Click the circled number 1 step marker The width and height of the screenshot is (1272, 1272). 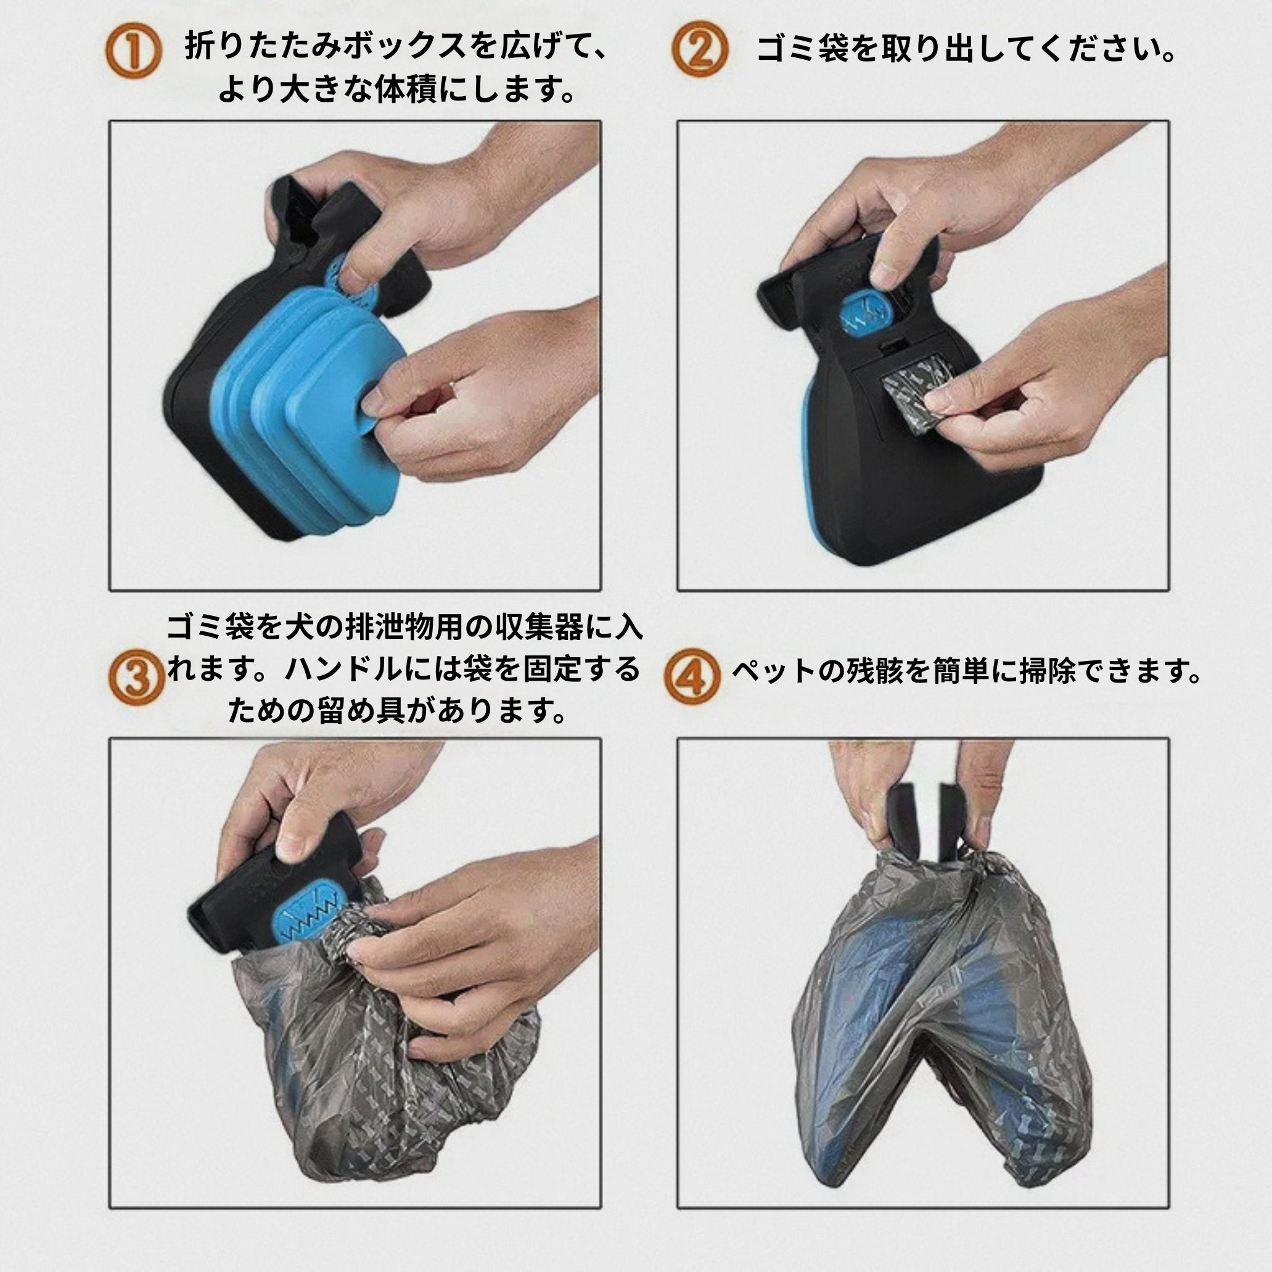pos(133,51)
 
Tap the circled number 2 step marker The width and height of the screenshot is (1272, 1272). pos(700,51)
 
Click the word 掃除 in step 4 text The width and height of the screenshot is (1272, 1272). pos(1048,671)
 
